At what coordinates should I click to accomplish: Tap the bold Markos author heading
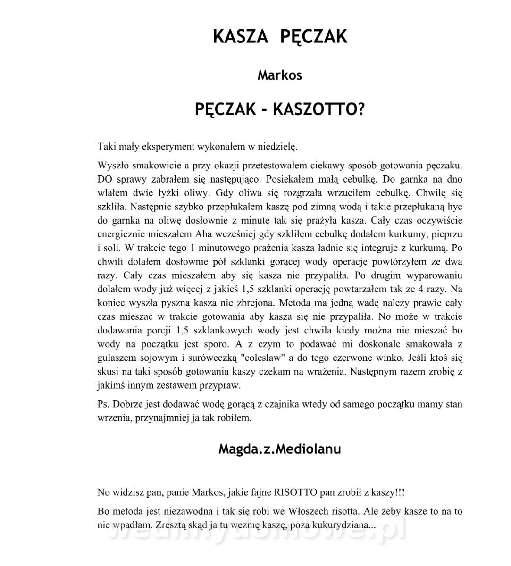click(279, 75)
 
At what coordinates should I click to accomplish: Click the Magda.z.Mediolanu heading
click(279, 449)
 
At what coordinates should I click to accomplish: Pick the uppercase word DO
click(105, 179)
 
